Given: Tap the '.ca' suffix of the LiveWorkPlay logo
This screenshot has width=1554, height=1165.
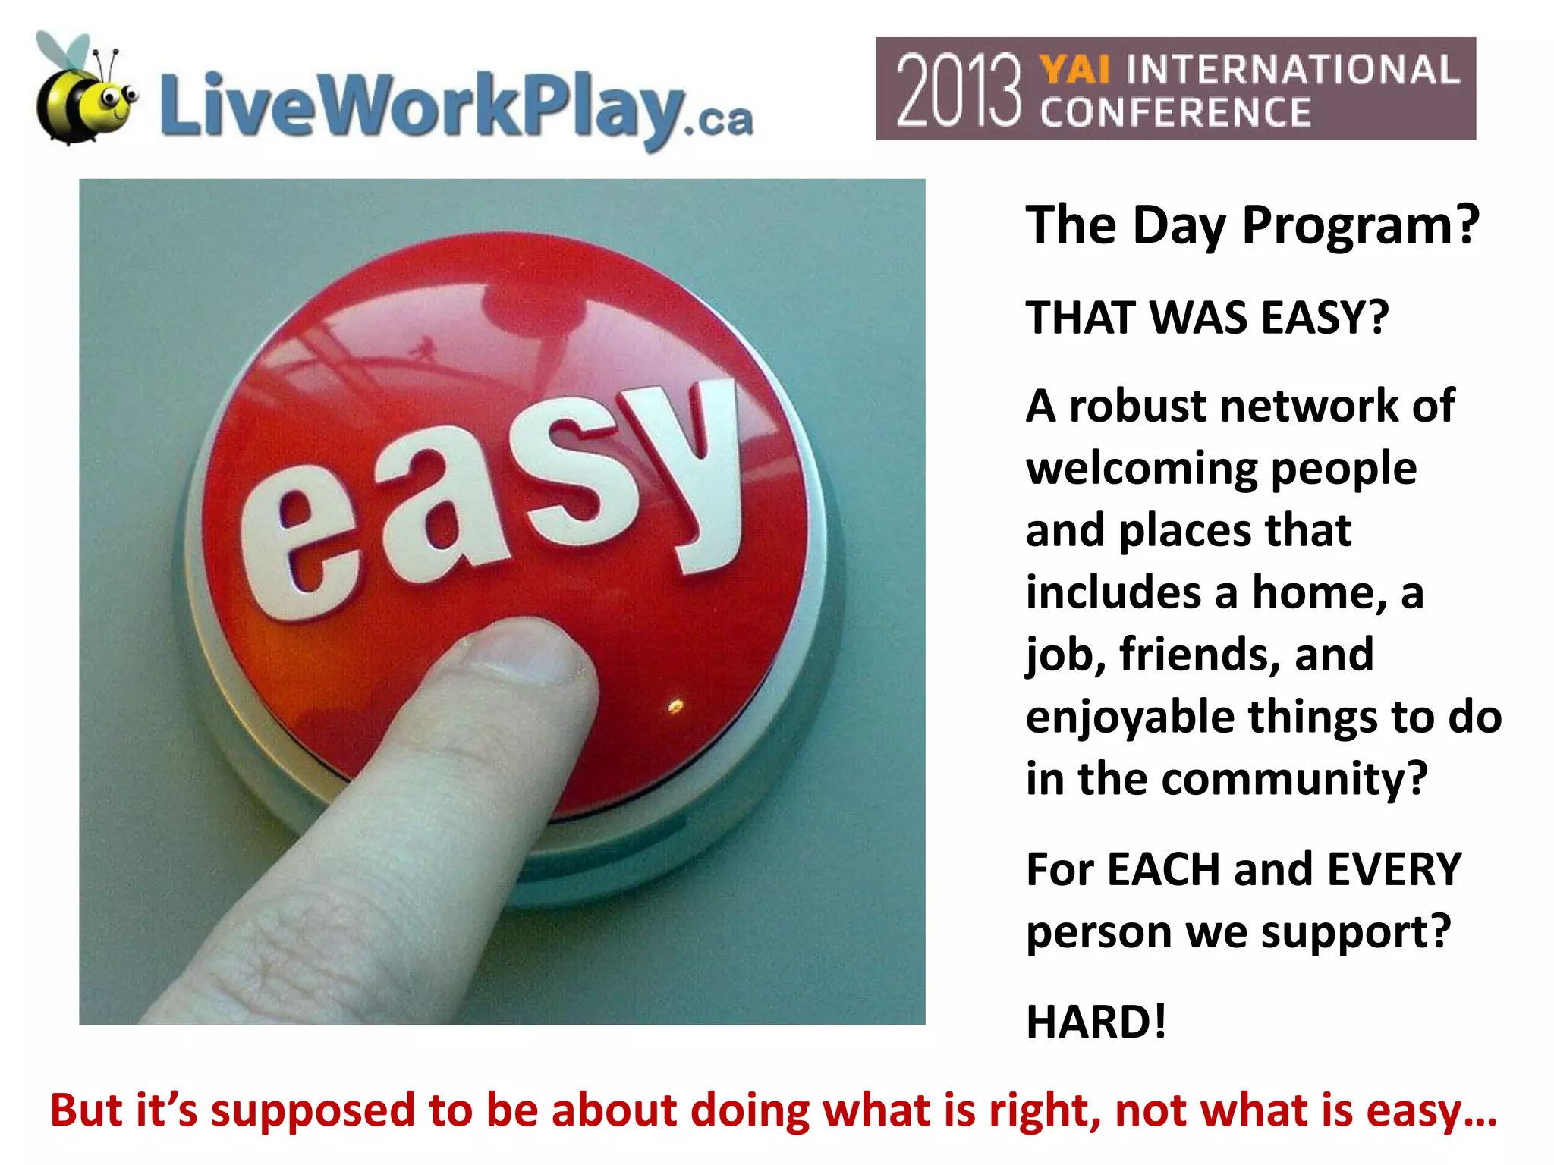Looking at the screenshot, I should point(718,121).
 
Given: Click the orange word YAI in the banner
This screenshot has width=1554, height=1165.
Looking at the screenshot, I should point(1075,70).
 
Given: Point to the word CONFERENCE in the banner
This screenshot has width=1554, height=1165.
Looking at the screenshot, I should point(1175,112).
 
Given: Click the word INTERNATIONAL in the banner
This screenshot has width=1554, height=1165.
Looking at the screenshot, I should point(1293,70).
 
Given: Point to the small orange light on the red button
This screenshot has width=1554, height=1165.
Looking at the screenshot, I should point(675,707).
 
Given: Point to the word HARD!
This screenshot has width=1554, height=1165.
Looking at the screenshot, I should point(1096,1022).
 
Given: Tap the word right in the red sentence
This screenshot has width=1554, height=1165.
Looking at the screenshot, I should point(1044,1110).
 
